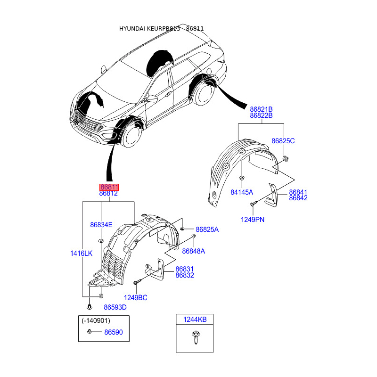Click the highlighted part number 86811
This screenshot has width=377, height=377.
108,187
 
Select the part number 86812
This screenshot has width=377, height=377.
108,194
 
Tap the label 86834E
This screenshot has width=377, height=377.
101,225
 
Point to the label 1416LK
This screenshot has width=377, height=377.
82,253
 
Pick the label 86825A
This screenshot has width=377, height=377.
207,229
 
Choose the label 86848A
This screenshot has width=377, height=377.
194,251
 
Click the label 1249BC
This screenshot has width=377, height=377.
136,297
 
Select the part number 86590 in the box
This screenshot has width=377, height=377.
113,332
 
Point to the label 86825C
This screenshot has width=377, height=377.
283,141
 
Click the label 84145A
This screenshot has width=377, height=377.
242,192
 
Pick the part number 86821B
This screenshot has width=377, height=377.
262,109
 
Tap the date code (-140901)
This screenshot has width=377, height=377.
96,321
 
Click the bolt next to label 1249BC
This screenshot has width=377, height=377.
136,283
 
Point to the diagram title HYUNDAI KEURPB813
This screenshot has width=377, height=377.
150,29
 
